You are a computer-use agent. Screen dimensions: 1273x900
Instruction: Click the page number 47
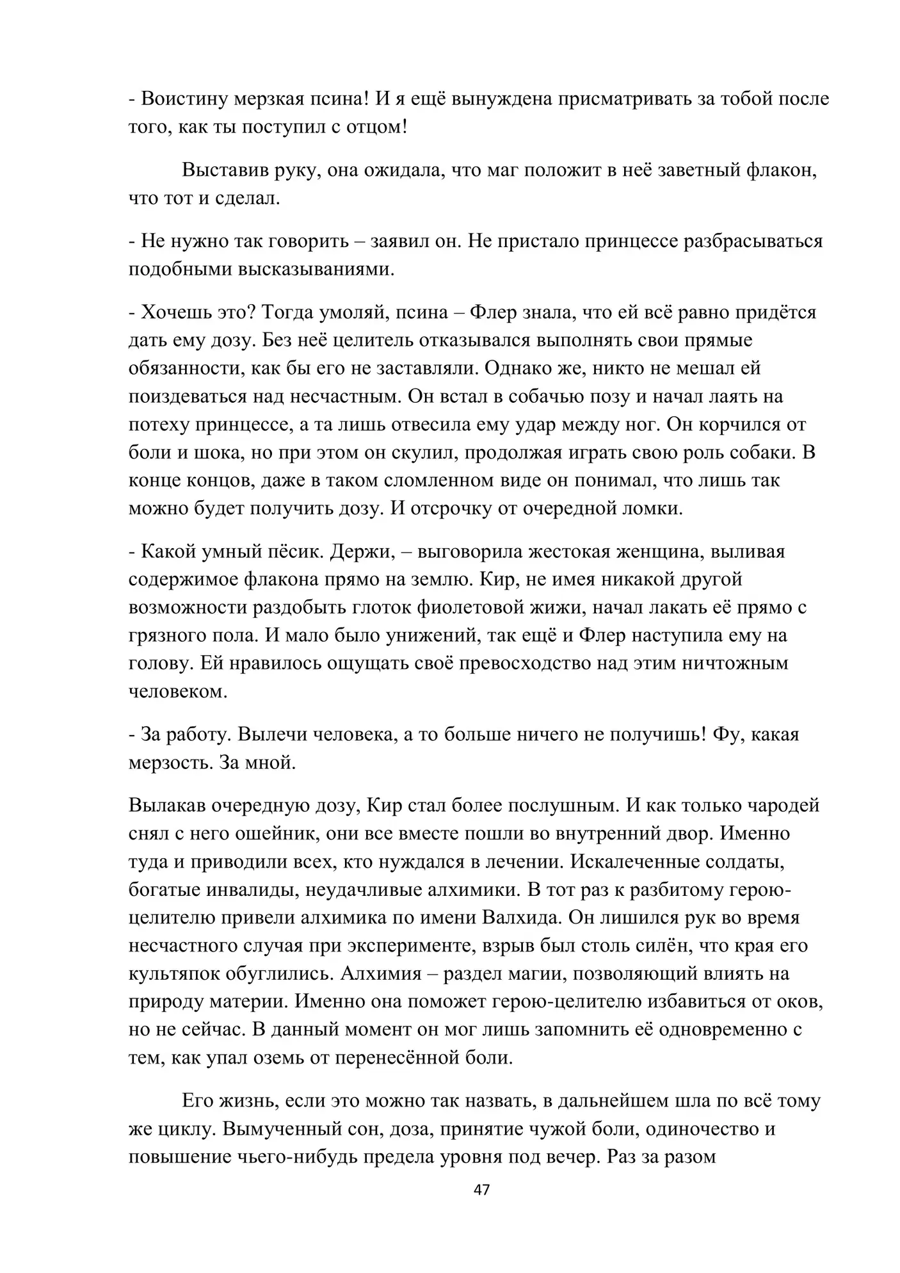481,1190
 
